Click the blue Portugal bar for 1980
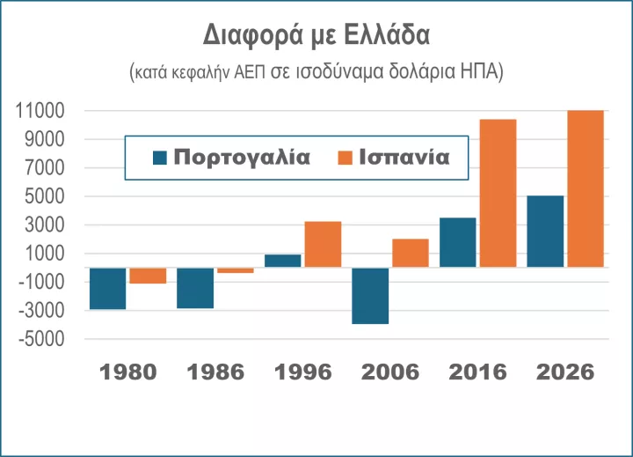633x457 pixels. pyautogui.click(x=107, y=288)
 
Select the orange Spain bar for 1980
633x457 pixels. pyautogui.click(x=148, y=276)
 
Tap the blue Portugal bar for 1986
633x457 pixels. pyautogui.click(x=195, y=288)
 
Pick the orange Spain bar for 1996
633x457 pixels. pyautogui.click(x=323, y=244)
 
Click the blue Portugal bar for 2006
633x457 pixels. pyautogui.click(x=370, y=296)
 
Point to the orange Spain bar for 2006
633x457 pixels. pyautogui.click(x=411, y=253)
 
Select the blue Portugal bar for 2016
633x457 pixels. pyautogui.click(x=457, y=242)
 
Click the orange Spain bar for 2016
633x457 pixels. pyautogui.click(x=498, y=193)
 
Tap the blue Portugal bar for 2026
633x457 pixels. pyautogui.click(x=545, y=231)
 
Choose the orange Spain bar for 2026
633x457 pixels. pyautogui.click(x=586, y=188)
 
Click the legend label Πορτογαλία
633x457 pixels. pyautogui.click(x=242, y=158)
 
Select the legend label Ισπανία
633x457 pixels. pyautogui.click(x=405, y=158)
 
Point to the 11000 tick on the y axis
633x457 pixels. pyautogui.click(x=41, y=111)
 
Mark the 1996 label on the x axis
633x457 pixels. pyautogui.click(x=303, y=372)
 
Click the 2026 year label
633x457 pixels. pyautogui.click(x=565, y=372)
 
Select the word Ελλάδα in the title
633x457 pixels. pyautogui.click(x=386, y=37)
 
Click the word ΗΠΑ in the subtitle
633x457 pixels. pyautogui.click(x=483, y=72)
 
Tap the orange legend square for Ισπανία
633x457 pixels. pyautogui.click(x=345, y=158)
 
